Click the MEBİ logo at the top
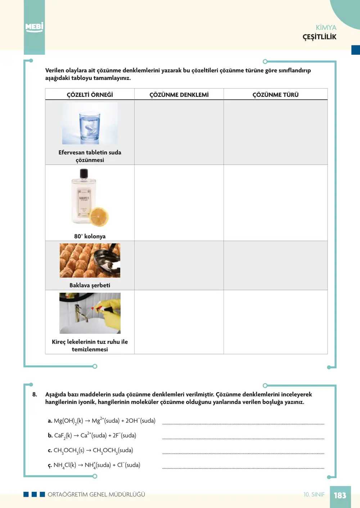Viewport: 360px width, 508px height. pos(34,27)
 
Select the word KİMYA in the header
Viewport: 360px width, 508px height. pos(326,27)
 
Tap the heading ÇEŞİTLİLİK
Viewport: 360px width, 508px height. pos(319,37)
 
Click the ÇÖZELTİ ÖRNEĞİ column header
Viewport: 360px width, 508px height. pos(90,95)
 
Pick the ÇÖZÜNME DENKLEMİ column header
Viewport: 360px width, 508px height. pos(179,95)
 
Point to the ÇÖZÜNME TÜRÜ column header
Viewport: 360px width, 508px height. pos(275,95)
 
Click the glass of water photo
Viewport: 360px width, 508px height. pos(90,123)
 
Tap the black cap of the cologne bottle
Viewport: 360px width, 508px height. pos(84,174)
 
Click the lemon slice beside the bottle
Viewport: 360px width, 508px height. pos(99,217)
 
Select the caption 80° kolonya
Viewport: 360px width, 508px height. pos(90,236)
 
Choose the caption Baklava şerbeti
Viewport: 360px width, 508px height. pos(90,285)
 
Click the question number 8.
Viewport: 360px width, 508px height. pos(35,394)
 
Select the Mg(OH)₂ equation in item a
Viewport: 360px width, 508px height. pos(102,421)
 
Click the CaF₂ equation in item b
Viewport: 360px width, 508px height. pos(92,435)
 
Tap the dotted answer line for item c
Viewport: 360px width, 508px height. pos(243,454)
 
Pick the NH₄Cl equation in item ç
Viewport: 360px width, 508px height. pos(94,465)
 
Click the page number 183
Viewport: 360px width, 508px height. pos(340,495)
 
